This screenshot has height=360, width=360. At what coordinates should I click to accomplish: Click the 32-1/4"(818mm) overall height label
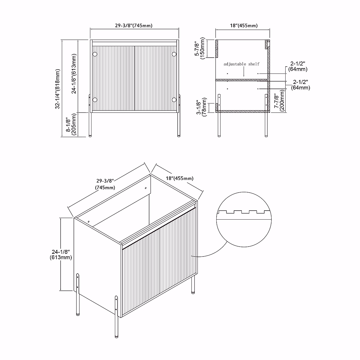[58, 88]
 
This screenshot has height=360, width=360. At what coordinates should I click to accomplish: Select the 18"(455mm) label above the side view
[244, 26]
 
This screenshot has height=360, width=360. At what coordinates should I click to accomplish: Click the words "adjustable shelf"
[241, 64]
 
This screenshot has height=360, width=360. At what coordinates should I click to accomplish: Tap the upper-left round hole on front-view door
[95, 54]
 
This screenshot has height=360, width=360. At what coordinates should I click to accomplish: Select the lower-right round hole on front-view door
[174, 100]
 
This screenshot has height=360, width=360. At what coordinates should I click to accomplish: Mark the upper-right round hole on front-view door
[174, 54]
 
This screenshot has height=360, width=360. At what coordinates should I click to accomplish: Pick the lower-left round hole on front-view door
[95, 100]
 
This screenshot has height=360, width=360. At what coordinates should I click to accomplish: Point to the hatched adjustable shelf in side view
[241, 80]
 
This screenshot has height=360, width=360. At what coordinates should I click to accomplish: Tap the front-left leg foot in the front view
[92, 136]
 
